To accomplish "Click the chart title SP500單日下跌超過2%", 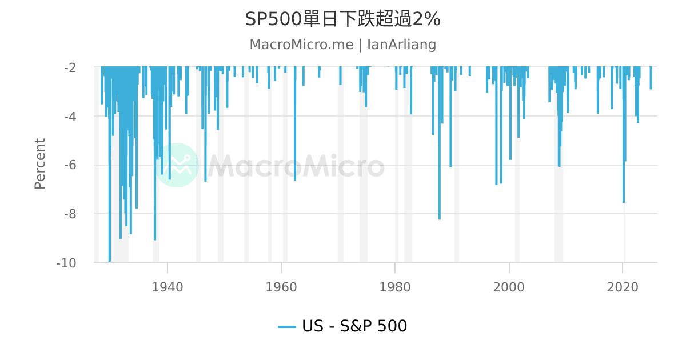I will tap(342, 19).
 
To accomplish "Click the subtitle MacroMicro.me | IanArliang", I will tap(342, 45).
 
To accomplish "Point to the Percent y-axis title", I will tap(39, 163).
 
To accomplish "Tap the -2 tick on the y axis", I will tap(70, 67).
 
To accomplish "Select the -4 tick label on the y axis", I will tap(70, 117).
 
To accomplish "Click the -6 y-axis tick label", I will tap(70, 165).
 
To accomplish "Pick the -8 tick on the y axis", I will tap(70, 214).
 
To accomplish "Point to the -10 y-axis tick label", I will tap(66, 263).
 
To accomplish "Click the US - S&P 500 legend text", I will tap(354, 326).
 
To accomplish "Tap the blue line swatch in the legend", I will tap(286, 327).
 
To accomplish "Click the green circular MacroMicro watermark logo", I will tap(177, 165).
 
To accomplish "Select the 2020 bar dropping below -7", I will tap(624, 137).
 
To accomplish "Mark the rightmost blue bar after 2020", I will tap(651, 78).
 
